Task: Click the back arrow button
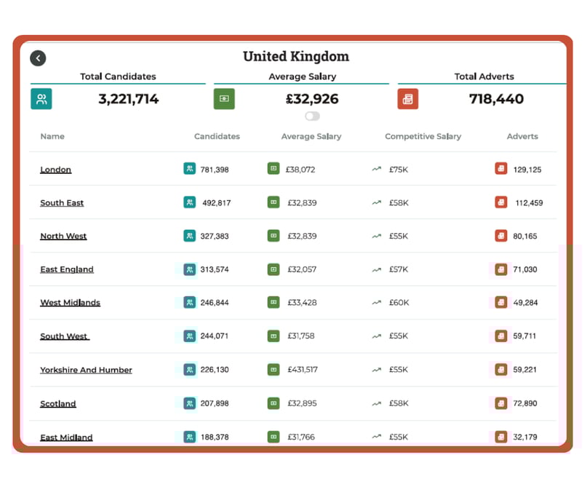click(x=38, y=58)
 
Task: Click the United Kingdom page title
click(x=295, y=57)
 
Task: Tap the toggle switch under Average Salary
click(x=312, y=116)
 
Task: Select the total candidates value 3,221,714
click(x=128, y=99)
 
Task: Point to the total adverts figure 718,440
click(x=496, y=99)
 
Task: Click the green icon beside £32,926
click(x=224, y=99)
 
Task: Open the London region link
click(x=56, y=170)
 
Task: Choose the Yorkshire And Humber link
click(x=86, y=370)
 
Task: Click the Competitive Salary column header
click(x=423, y=136)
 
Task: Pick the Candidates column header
click(x=217, y=136)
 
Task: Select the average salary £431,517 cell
click(x=302, y=370)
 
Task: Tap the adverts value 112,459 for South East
click(x=529, y=203)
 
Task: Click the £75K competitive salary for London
click(x=399, y=170)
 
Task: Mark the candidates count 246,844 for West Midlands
click(x=215, y=303)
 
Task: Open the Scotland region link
click(x=58, y=403)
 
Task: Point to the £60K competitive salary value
click(x=399, y=303)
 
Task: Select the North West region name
click(x=63, y=236)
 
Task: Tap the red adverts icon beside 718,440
click(x=408, y=99)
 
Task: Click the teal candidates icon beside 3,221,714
click(x=41, y=99)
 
